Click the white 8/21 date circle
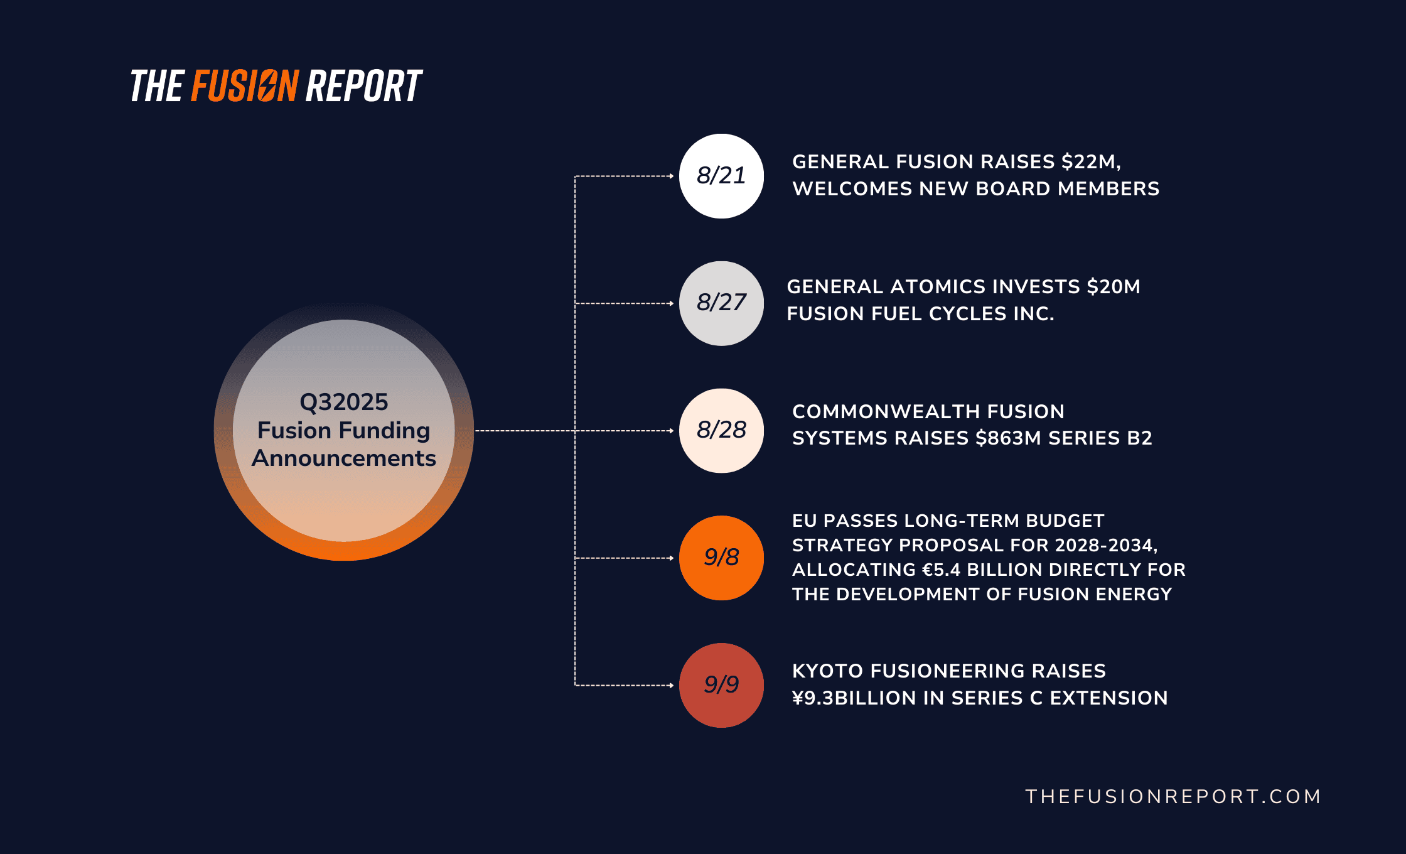click(x=721, y=176)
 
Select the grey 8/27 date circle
click(x=721, y=303)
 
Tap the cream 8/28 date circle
click(x=721, y=431)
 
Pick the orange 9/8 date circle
click(x=721, y=558)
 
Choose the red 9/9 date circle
click(x=721, y=685)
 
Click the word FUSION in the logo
click(x=245, y=86)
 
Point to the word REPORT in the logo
click(x=363, y=86)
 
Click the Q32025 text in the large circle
click(x=344, y=402)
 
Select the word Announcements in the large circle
click(x=344, y=458)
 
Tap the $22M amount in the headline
click(x=1091, y=162)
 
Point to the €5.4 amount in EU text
click(x=942, y=570)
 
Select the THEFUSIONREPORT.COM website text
click(x=1173, y=796)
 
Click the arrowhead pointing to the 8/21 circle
click(x=671, y=176)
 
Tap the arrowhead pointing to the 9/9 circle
click(x=671, y=685)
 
